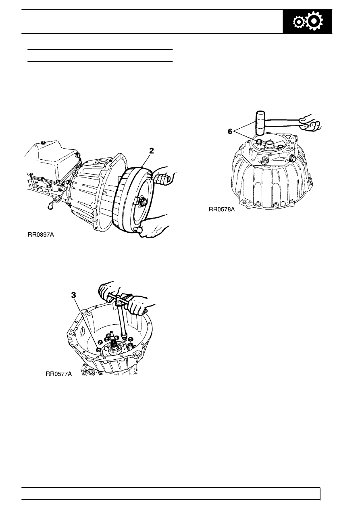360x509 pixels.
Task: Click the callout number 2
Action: [151, 151]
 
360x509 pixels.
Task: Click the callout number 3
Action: [74, 295]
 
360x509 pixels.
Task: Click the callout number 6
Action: [230, 131]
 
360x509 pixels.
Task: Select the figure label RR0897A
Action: [41, 234]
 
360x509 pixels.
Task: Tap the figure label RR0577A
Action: [59, 374]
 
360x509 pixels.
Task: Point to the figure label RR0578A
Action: [222, 209]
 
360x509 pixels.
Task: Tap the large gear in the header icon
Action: [314, 21]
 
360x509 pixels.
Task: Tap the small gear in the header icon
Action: [298, 22]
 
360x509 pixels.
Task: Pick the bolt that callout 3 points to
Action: [98, 349]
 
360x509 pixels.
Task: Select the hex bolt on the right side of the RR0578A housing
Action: [292, 159]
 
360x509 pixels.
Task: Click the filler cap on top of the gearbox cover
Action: [43, 143]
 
